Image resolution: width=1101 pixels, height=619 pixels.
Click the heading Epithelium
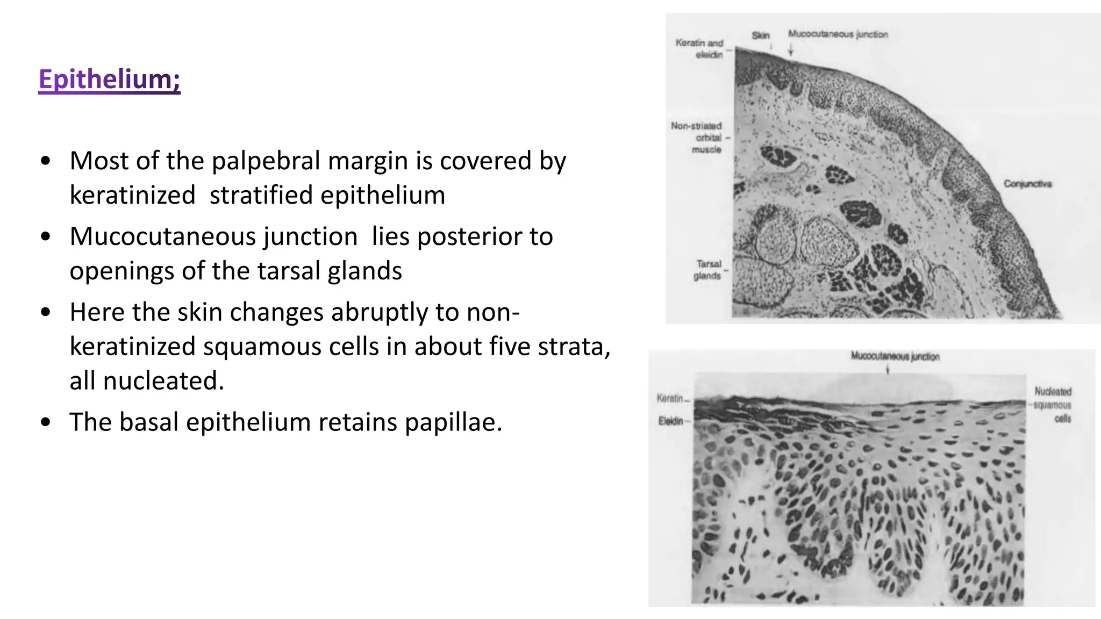[109, 80]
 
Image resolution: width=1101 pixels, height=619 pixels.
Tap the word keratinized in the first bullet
[132, 195]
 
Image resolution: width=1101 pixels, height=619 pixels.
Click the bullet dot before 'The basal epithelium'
[46, 422]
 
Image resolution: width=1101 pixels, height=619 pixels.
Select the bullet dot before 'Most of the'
[46, 161]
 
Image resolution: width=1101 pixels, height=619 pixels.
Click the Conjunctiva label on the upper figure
[1027, 184]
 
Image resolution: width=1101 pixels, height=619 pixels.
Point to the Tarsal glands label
[707, 270]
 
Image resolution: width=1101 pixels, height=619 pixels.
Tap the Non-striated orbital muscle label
[697, 137]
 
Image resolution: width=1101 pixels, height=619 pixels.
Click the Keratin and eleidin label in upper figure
[700, 48]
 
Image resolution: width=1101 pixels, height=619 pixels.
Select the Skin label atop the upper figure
[760, 35]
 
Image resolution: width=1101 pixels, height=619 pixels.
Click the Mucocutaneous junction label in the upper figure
[838, 34]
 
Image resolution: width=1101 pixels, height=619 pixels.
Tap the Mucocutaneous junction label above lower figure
[895, 356]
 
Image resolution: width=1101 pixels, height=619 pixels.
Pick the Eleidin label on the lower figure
[671, 421]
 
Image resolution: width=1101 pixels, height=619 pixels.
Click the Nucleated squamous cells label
[1053, 405]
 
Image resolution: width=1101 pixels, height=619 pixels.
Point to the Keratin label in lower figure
[670, 398]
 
